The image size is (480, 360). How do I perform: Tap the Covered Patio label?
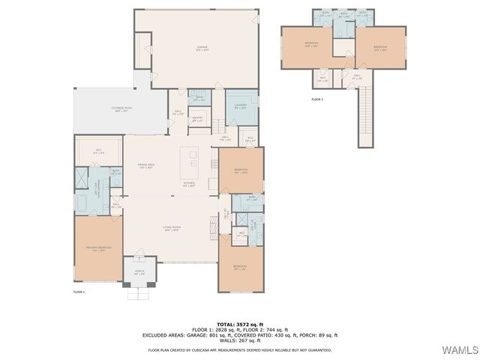point(122,109)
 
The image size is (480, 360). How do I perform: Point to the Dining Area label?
point(145,166)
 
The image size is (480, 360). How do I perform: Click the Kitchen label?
point(190,184)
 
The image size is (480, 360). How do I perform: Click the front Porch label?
point(139,272)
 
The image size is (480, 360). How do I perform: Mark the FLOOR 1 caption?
point(79,291)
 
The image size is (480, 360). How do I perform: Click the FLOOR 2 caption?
point(317,98)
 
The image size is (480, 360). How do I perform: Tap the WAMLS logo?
point(457,351)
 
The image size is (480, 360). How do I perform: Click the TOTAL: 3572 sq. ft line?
point(240,323)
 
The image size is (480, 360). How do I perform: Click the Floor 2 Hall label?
point(358,76)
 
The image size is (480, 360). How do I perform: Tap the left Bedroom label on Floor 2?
point(310,44)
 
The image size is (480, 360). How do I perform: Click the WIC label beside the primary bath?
point(98,154)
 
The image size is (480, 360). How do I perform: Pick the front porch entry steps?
point(139,293)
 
